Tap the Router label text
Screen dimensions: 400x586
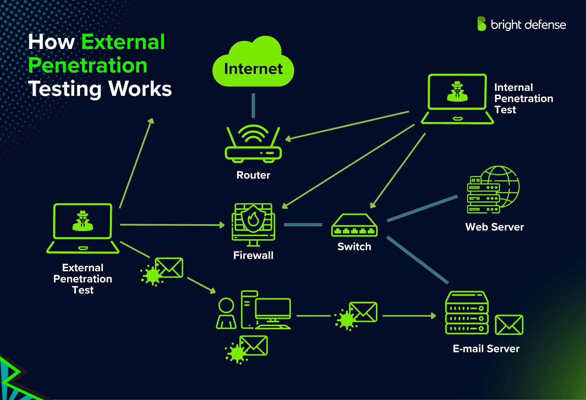253,175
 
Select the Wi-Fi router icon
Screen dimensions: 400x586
253,144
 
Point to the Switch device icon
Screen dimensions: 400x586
354,226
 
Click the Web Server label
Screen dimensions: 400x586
494,227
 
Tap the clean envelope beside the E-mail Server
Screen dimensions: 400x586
509,325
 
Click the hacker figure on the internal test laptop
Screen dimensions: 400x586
457,91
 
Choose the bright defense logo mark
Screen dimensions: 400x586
481,24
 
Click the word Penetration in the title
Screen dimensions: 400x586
88,65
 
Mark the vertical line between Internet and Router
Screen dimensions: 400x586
253,106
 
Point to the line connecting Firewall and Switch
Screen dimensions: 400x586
303,225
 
